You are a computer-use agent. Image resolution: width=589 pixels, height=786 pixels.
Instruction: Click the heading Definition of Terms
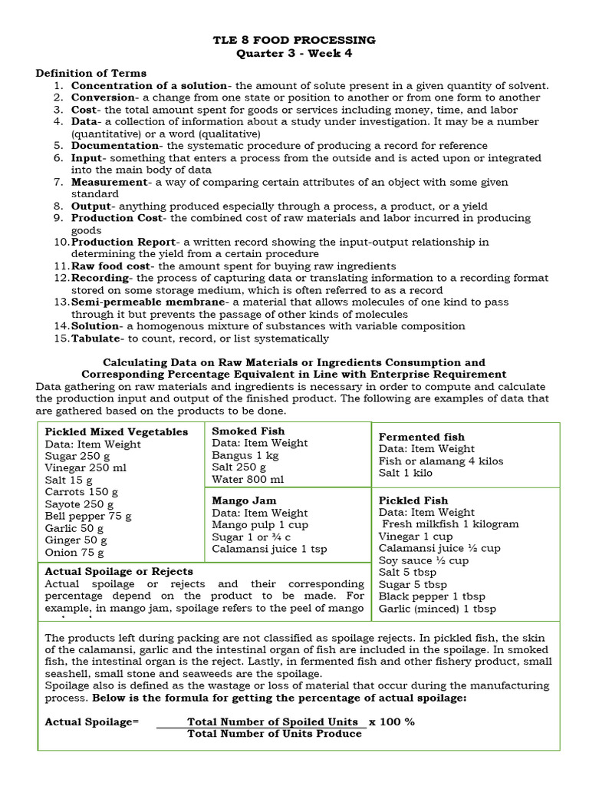91,73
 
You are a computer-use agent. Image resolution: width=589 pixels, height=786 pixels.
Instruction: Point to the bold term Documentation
116,146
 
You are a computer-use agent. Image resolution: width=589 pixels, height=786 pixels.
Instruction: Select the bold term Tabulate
96,339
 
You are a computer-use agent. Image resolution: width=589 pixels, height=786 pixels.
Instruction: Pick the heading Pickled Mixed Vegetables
117,432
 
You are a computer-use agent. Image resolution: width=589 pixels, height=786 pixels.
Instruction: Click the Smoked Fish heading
248,431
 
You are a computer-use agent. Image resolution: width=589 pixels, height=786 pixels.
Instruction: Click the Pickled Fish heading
415,500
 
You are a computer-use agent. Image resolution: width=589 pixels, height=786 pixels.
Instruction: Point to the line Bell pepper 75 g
88,516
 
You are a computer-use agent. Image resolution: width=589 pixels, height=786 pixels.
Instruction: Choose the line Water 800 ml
248,479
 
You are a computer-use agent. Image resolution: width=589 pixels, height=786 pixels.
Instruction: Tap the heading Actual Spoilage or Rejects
119,572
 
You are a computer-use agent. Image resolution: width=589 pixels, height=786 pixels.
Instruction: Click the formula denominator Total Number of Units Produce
275,734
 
